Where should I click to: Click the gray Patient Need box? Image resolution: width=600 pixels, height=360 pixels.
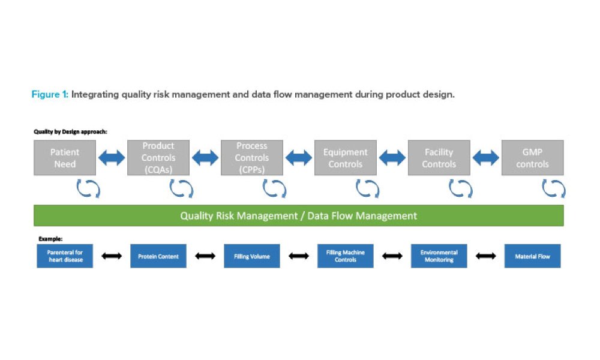click(65, 158)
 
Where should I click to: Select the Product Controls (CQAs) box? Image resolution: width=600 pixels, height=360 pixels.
click(158, 158)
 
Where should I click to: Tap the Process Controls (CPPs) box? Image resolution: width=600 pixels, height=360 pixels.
click(252, 158)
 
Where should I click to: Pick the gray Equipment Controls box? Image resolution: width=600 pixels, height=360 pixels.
click(346, 158)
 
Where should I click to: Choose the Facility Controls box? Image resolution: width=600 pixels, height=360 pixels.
click(439, 158)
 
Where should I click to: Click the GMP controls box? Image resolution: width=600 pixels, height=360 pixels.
click(532, 158)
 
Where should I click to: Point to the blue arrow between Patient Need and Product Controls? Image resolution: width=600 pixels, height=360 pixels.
click(112, 158)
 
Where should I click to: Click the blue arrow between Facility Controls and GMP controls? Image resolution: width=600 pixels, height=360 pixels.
click(486, 158)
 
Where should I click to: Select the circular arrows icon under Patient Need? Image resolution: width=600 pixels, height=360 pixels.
click(88, 189)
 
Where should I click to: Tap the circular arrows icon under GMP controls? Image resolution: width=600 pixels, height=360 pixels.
click(553, 189)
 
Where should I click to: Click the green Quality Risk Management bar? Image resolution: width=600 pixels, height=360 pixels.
click(299, 215)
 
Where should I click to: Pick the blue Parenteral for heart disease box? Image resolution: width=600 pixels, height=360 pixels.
click(65, 256)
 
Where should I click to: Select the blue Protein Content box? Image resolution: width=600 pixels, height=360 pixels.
click(158, 256)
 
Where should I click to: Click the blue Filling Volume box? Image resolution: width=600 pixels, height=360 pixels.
click(252, 256)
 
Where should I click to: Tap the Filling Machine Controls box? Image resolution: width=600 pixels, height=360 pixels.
click(346, 256)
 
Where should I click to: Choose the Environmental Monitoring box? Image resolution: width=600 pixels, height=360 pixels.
click(439, 256)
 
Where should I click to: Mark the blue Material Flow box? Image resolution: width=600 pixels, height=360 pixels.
click(532, 256)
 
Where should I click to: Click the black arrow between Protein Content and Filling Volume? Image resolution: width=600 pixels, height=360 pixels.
click(205, 256)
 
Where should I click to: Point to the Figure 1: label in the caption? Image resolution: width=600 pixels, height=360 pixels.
click(50, 95)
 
